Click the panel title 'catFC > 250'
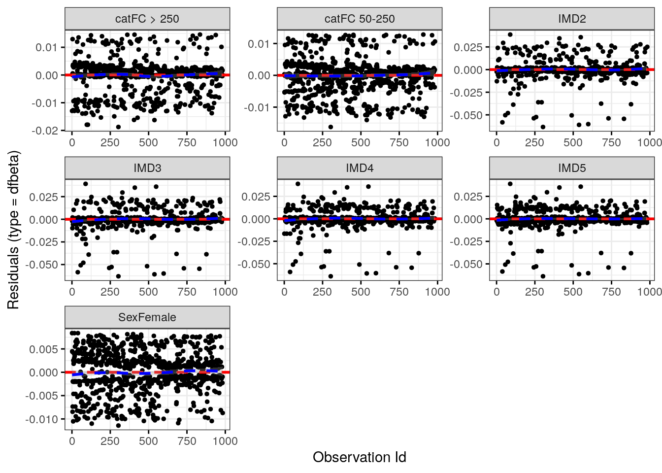coord(147,19)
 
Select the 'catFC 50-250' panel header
coord(360,19)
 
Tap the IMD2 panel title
coord(572,19)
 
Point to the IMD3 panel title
coord(147,168)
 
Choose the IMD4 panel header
coord(360,168)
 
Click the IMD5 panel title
coord(572,168)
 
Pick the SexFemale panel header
coord(147,317)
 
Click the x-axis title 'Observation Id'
coord(360,457)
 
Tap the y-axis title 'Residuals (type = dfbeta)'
coord(13,230)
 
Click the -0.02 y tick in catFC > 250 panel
coord(45,131)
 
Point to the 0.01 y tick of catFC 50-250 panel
coord(259,44)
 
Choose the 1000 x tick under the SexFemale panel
coord(225,441)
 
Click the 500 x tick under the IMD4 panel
coord(361,292)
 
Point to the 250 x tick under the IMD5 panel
coord(534,292)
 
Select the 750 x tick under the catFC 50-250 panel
coord(399,142)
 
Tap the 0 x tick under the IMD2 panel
coord(496,142)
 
